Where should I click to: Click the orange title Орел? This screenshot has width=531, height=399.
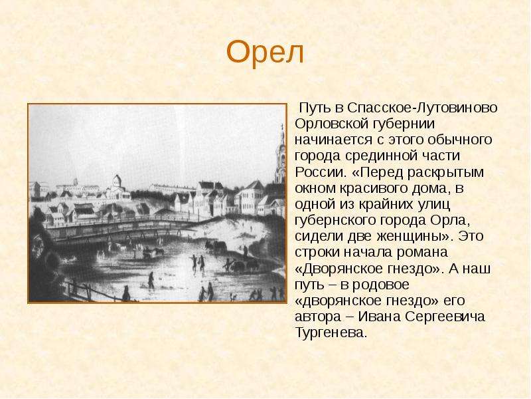pyautogui.click(x=265, y=53)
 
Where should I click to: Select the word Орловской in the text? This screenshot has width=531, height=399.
pyautogui.click(x=331, y=124)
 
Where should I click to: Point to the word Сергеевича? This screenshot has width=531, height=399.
pyautogui.click(x=445, y=317)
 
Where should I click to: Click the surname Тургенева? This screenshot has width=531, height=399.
pyautogui.click(x=331, y=333)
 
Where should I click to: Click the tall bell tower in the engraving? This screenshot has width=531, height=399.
pyautogui.click(x=281, y=156)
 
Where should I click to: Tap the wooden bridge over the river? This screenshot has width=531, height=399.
pyautogui.click(x=119, y=228)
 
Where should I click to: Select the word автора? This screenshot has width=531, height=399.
pyautogui.click(x=318, y=317)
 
